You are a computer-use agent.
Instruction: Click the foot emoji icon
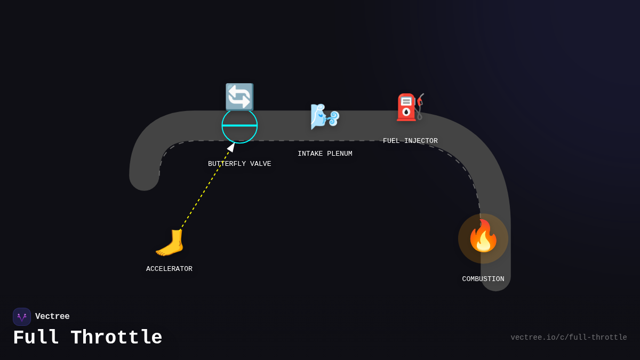pyautogui.click(x=170, y=243)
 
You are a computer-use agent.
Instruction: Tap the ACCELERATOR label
pyautogui.click(x=169, y=269)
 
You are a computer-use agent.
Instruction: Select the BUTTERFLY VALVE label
pyautogui.click(x=239, y=164)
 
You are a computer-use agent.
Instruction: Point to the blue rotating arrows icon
pyautogui.click(x=239, y=97)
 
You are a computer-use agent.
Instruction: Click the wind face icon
pyautogui.click(x=324, y=116)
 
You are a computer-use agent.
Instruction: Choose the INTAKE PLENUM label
pyautogui.click(x=325, y=154)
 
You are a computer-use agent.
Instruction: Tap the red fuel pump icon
pyautogui.click(x=410, y=107)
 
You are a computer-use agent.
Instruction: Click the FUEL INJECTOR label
pyautogui.click(x=410, y=141)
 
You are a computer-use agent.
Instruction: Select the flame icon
pyautogui.click(x=483, y=237)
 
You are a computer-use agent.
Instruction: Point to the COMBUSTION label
pyautogui.click(x=483, y=279)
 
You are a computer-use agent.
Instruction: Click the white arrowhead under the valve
pyautogui.click(x=231, y=147)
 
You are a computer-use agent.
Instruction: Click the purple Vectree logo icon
pyautogui.click(x=22, y=317)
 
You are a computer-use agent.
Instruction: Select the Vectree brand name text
pyautogui.click(x=52, y=317)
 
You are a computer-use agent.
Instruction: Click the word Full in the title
pyautogui.click(x=36, y=338)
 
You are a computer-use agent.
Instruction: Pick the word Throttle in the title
pyautogui.click(x=116, y=338)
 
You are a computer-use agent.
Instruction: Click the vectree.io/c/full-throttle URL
pyautogui.click(x=569, y=338)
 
